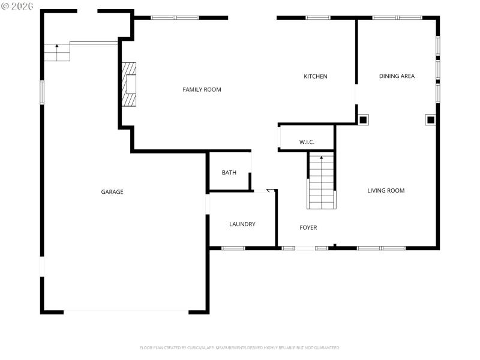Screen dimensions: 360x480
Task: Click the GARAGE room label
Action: click(x=112, y=192)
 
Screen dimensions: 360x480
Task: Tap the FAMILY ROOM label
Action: click(x=202, y=89)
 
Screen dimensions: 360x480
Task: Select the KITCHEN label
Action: click(x=315, y=76)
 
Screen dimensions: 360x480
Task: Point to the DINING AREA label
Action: click(x=397, y=76)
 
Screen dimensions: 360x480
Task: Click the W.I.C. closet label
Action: click(x=307, y=142)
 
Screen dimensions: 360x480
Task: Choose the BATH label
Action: click(x=229, y=173)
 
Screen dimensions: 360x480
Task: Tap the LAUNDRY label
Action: click(x=242, y=224)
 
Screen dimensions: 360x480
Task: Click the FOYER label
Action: click(x=308, y=227)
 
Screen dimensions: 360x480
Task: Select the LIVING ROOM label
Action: click(x=386, y=191)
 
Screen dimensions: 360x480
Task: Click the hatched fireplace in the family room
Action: click(x=130, y=84)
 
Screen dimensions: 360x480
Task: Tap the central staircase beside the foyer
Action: click(x=321, y=181)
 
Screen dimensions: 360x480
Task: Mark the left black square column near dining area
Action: click(x=363, y=119)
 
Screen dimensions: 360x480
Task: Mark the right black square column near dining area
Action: click(x=430, y=119)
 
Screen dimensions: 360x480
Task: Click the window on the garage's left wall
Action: click(x=42, y=92)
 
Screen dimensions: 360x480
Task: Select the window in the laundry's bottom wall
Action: click(x=233, y=248)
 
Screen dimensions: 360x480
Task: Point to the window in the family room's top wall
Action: click(x=175, y=17)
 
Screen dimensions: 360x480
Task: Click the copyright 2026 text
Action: click(x=18, y=7)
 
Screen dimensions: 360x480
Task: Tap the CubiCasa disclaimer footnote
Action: click(x=240, y=347)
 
